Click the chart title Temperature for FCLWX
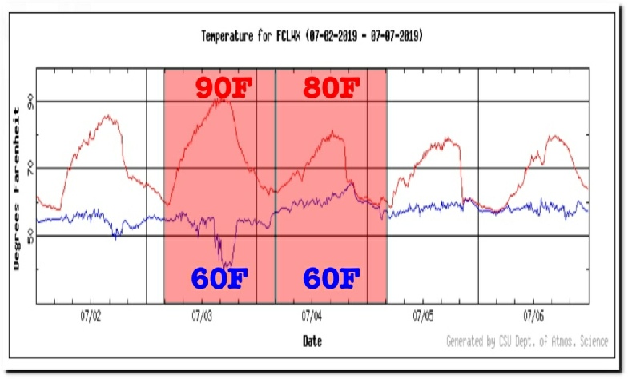312,36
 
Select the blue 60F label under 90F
219,278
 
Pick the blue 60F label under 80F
330,278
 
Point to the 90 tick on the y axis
30,102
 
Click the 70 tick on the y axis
30,168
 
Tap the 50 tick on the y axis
30,236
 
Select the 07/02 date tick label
91,315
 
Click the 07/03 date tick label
202,315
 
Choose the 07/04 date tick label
312,315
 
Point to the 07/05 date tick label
423,315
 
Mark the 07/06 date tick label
533,315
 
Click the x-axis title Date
312,341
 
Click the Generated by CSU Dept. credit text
526,341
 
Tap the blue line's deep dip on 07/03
227,263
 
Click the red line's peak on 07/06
553,137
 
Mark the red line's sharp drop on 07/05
462,172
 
